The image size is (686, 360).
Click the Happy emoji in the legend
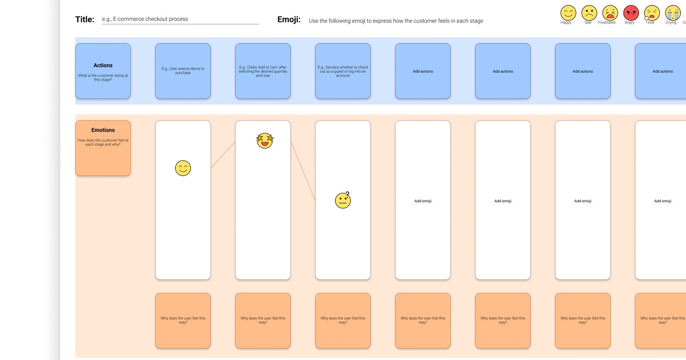568,13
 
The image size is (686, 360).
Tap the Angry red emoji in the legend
631,13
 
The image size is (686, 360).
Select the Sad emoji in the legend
589,13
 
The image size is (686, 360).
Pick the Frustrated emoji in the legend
610,13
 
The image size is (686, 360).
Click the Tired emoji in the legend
652,13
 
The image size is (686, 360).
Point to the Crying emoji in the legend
673,13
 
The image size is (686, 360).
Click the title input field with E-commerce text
180,20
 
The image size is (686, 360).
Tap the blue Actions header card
103,71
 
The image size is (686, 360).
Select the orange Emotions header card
103,148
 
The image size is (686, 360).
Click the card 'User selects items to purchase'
183,71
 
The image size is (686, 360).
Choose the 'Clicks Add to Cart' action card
263,71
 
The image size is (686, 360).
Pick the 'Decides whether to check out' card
343,71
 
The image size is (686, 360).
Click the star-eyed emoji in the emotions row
264,140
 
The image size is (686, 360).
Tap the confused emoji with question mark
343,200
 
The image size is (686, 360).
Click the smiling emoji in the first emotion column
183,168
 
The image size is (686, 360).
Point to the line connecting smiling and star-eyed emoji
223,155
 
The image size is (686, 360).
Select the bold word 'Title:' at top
85,20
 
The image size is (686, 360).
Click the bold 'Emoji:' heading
289,20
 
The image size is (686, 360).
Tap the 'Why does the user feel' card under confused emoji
343,320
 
